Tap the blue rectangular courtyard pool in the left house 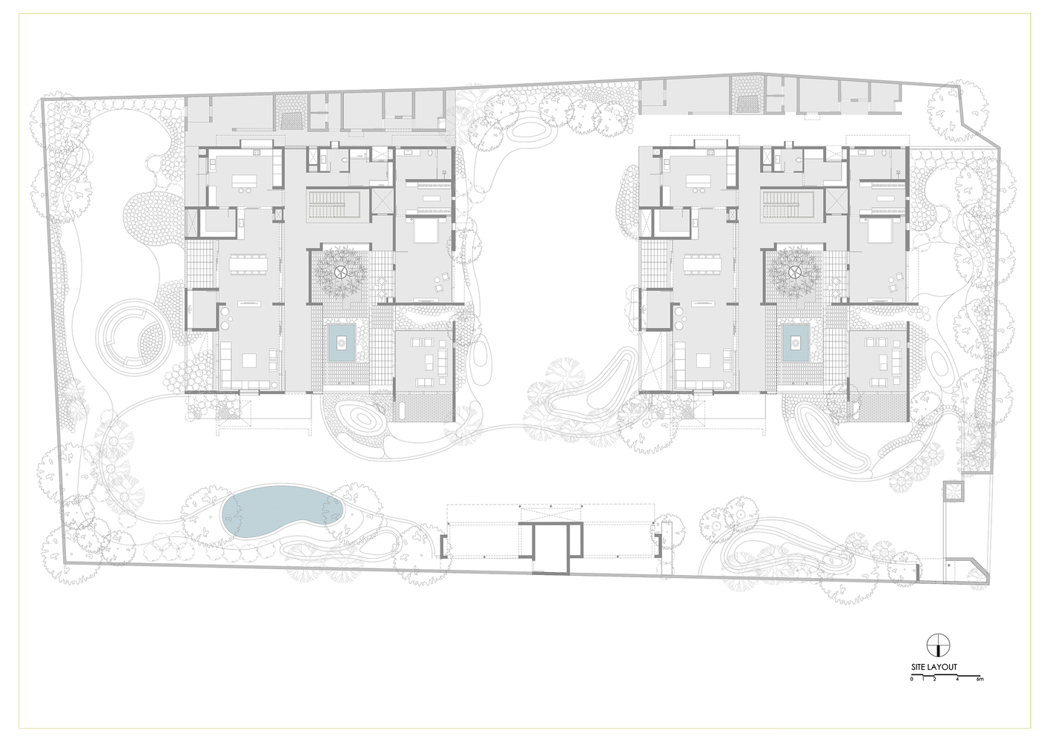coord(341,345)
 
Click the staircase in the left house coord(334,204)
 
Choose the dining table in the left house coord(248,265)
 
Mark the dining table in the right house coord(703,265)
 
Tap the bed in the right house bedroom coord(881,232)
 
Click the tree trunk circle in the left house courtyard coord(341,272)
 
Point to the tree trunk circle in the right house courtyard coord(794,272)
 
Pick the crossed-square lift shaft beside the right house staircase coord(836,200)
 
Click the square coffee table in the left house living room coord(249,361)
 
